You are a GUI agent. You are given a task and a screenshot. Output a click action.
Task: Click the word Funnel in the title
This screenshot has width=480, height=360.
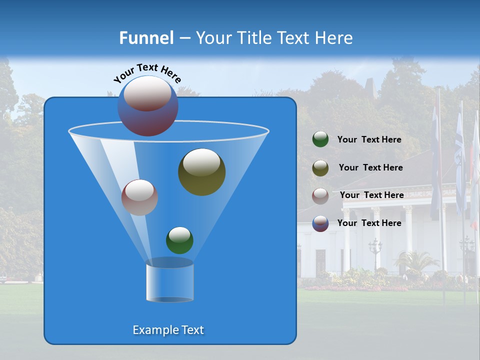(146, 38)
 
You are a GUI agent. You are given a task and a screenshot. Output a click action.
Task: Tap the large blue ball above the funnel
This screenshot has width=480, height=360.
(148, 105)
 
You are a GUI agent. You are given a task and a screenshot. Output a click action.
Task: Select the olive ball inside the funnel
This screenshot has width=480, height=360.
(201, 171)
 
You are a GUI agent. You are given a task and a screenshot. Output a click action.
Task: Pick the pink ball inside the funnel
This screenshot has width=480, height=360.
(139, 197)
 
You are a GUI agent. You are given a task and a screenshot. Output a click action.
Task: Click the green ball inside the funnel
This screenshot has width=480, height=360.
(179, 240)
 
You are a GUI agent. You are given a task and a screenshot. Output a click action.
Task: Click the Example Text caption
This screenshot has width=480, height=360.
(168, 330)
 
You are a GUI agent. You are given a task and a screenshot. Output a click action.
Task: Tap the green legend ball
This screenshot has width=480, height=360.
(320, 139)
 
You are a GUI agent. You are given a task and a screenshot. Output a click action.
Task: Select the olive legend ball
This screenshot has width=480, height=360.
(320, 168)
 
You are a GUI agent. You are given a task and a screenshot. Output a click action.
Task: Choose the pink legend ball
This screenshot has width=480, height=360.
(320, 195)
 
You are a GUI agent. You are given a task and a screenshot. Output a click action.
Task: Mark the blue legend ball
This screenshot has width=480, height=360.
(320, 223)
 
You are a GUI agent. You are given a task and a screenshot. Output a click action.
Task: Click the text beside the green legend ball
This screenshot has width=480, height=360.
(369, 140)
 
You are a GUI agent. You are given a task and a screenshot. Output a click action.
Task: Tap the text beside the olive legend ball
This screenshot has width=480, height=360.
(370, 168)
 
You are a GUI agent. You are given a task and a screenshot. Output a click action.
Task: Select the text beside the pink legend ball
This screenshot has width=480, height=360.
(371, 195)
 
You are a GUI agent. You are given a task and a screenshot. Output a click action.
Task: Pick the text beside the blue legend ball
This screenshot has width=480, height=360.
(369, 223)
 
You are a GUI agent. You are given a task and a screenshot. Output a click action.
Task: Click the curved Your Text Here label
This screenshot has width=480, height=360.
(147, 73)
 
